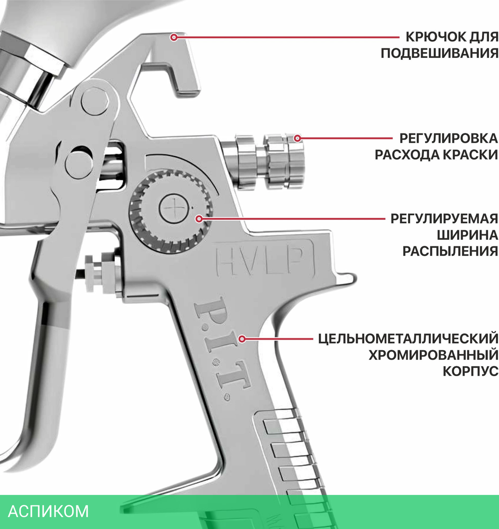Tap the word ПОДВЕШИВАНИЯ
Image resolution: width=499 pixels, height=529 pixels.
tap(440, 53)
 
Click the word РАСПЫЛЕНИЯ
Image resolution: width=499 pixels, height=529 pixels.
tap(451, 251)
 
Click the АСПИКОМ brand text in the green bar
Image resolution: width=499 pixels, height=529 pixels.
tap(49, 512)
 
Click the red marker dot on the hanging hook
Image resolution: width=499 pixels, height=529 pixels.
tap(174, 37)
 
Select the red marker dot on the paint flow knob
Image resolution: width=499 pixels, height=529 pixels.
tap(298, 138)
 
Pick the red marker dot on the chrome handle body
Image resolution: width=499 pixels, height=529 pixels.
tap(243, 339)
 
